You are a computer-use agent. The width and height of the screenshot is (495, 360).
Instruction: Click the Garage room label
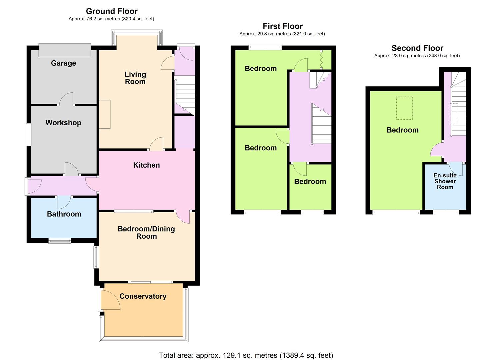coord(63,63)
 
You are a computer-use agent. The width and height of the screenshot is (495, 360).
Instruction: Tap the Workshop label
coord(63,123)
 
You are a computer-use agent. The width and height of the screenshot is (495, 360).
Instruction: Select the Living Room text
coord(135,78)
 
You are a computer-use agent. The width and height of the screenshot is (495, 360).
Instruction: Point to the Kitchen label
coord(147,165)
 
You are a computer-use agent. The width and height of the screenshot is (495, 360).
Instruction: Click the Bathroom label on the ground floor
coord(64,214)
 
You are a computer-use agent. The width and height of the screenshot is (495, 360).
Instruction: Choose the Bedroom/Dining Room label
coord(146,232)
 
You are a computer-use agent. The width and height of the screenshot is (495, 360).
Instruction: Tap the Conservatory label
coord(143,296)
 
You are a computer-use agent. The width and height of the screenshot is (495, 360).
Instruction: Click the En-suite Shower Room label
coord(445,181)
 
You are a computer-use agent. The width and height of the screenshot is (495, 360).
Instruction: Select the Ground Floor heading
coord(112,11)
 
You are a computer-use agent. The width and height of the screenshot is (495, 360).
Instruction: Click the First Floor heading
coord(283,26)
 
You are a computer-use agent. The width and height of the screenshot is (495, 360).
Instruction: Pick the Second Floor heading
coord(417,48)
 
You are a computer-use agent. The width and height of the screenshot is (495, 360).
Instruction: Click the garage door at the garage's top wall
coord(65,50)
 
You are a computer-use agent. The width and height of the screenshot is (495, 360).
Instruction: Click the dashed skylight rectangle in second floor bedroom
coord(404,108)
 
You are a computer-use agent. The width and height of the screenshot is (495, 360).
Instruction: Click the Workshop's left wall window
coord(29,135)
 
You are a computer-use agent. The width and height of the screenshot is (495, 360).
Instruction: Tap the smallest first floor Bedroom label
coord(310,181)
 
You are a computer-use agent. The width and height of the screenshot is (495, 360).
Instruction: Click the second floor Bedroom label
coord(403,130)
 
